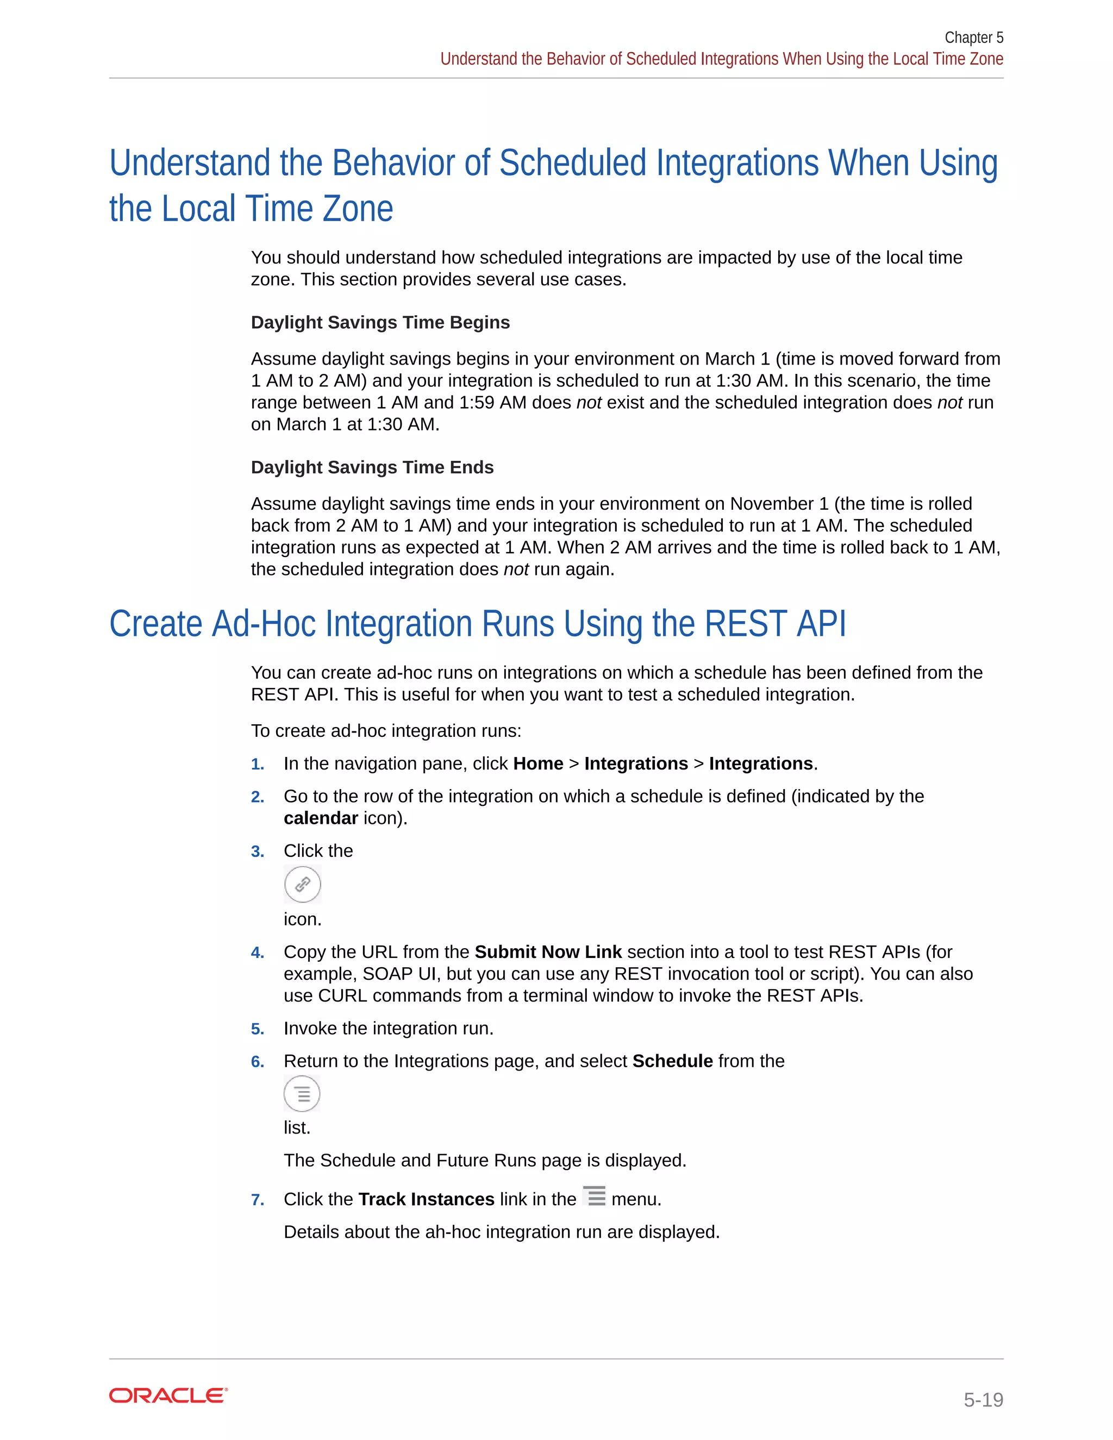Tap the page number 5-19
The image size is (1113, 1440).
point(983,1399)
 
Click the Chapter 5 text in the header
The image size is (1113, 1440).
point(973,37)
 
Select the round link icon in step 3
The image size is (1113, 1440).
point(303,884)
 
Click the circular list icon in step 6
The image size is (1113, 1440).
point(302,1094)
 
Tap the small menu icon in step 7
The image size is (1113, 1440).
point(594,1196)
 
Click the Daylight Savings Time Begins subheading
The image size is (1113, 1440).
point(380,322)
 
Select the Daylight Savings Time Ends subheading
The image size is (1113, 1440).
point(372,467)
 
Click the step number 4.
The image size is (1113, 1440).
point(257,953)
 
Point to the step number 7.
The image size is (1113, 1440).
point(257,1200)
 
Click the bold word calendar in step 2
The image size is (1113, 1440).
point(321,818)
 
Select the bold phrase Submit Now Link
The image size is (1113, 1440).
point(548,952)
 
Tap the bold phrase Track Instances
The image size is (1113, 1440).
point(426,1199)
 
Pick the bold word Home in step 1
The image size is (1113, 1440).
point(538,763)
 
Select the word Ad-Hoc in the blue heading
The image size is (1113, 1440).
point(264,624)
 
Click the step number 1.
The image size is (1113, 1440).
point(257,764)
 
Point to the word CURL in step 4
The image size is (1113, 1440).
point(342,996)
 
